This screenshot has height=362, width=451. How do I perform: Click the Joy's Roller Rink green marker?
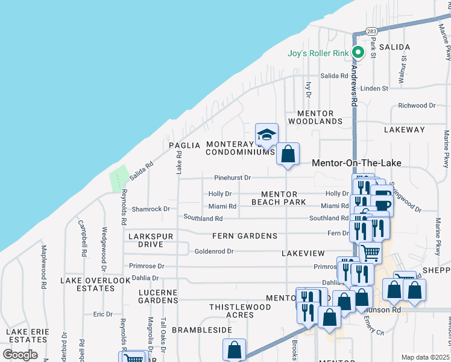358,53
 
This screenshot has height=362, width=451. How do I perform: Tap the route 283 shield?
371,31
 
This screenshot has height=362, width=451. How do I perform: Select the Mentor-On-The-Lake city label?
356,163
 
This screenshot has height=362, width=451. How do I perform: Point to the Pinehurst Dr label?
232,178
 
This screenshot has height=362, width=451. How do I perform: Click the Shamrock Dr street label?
151,209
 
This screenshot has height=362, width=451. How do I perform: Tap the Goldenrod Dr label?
214,251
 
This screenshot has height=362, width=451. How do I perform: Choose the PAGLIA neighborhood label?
184,145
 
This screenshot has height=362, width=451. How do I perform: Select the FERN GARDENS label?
244,236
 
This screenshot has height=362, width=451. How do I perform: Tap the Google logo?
20,354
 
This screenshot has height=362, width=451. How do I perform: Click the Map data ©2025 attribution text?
426,357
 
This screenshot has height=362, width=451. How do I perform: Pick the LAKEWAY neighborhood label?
404,130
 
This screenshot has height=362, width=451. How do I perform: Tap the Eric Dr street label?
102,314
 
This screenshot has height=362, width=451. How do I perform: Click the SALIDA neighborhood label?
394,46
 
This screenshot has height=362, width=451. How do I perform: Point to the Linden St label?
374,89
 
